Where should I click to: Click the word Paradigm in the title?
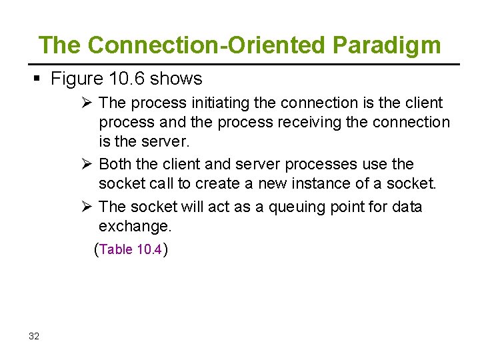(x=387, y=45)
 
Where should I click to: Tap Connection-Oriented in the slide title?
(x=207, y=45)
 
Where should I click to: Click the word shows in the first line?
(x=176, y=79)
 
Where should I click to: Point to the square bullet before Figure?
(x=37, y=79)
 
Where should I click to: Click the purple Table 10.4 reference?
(x=131, y=250)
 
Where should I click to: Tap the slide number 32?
(x=34, y=336)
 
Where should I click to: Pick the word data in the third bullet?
(x=407, y=207)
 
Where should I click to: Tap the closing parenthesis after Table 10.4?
(x=165, y=250)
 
